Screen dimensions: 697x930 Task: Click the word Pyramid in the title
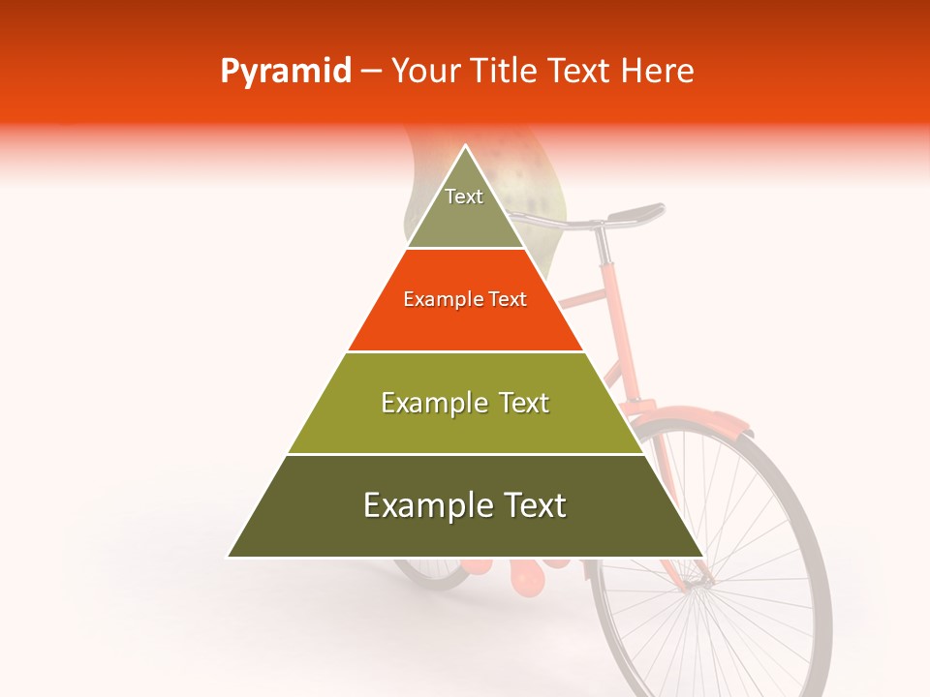285,72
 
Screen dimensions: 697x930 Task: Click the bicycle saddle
636,211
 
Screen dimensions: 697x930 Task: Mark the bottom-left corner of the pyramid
229,557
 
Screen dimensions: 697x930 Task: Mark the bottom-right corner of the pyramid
703,557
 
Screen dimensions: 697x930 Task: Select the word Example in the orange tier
437,300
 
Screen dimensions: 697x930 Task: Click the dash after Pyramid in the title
370,72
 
